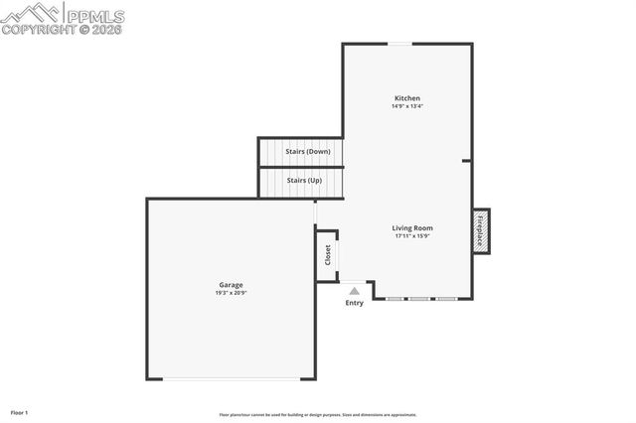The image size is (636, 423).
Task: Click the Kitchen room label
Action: pos(407,98)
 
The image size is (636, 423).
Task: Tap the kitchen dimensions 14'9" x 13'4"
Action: pos(407,106)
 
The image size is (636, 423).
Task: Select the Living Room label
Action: pos(412,227)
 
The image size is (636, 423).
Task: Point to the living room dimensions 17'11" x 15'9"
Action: pos(412,236)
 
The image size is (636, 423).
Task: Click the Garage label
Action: pos(231,285)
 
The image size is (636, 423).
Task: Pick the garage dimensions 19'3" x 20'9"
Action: pos(231,293)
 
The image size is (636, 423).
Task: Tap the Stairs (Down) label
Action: pos(307,152)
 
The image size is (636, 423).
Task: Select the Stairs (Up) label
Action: pos(304,181)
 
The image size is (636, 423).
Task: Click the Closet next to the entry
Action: pos(328,255)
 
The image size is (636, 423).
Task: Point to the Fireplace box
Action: pos(481,230)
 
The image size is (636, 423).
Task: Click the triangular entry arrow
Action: pos(354,291)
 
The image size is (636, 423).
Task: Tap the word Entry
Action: pos(355,303)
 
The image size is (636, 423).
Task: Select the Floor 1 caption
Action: pos(20,412)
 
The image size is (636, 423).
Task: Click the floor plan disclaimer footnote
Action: pos(318,414)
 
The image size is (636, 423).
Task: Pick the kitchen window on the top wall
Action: pos(400,43)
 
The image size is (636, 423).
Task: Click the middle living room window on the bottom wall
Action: pos(420,298)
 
